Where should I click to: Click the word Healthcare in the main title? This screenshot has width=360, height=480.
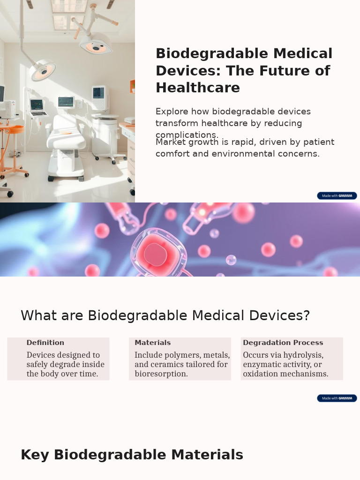(198, 88)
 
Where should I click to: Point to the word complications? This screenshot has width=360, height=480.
(187, 135)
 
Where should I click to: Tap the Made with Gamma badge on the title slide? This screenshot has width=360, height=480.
(337, 195)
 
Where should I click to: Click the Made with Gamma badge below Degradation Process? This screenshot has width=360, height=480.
(337, 398)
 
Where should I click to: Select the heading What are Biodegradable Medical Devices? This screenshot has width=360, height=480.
(165, 315)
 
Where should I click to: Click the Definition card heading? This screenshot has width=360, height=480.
(45, 343)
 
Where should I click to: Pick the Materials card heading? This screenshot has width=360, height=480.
(153, 343)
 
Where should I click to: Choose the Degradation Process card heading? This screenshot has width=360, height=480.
(283, 343)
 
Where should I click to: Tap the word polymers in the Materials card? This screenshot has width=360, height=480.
(180, 355)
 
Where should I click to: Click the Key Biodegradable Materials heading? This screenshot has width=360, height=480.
(132, 455)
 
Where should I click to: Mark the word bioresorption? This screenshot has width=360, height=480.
(161, 374)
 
